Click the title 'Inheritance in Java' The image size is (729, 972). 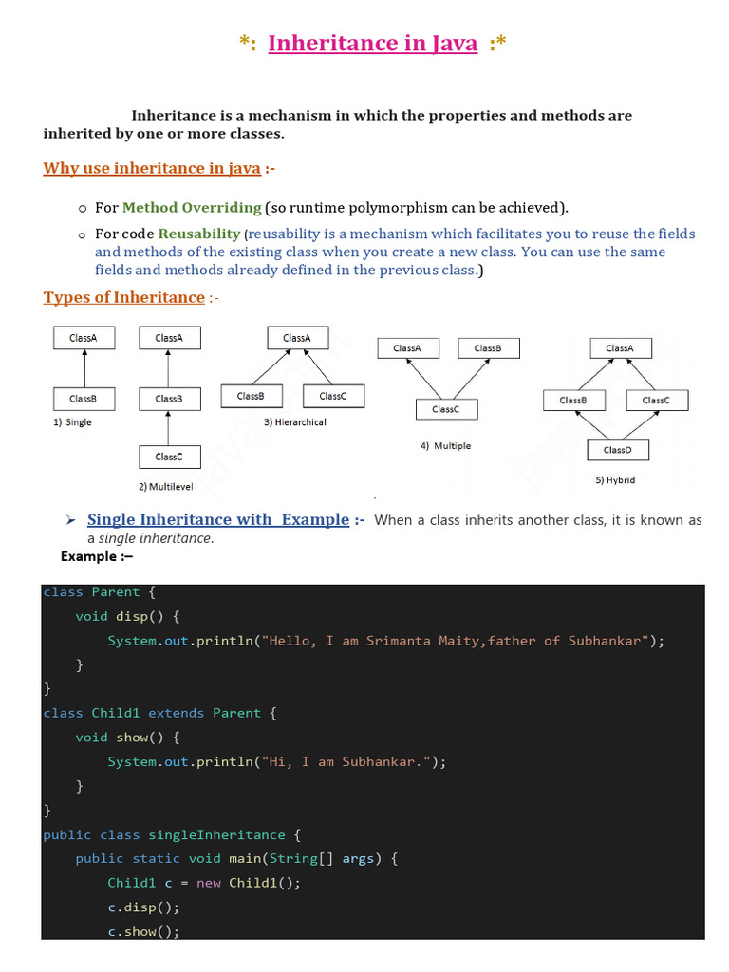point(372,44)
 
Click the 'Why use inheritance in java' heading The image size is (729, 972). point(152,169)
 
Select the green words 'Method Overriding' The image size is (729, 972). point(192,207)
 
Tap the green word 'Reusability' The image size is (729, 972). point(200,234)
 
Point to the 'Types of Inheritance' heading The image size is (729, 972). point(123,298)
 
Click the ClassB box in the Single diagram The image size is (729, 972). point(84,399)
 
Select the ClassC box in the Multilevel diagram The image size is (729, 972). point(168,457)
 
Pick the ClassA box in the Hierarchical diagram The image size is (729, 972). point(296,338)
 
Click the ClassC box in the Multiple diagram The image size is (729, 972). point(445,409)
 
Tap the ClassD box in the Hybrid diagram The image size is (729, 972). point(616,449)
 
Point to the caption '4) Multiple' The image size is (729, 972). point(445,445)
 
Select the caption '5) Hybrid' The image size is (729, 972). point(615,480)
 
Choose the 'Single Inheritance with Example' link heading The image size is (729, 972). point(217,520)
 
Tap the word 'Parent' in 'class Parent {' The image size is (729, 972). point(116,592)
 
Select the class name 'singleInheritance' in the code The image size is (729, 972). point(216,835)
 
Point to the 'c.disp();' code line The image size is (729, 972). point(142,907)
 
